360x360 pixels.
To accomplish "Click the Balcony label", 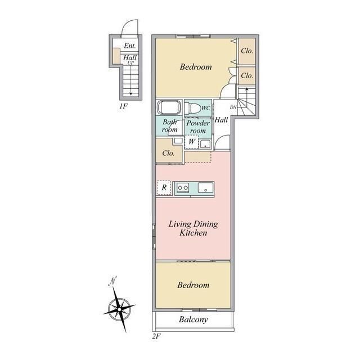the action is (193, 319).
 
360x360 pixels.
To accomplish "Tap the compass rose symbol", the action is (119, 309).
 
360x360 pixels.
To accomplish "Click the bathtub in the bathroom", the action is (169, 107).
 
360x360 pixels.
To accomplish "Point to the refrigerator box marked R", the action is (164, 188).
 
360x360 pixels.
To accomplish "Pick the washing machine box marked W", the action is (192, 142).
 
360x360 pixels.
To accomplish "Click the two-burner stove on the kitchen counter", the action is (183, 187).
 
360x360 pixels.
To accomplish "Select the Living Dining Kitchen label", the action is (193, 228).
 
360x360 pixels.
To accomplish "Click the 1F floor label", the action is (123, 106).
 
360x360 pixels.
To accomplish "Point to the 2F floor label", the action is (156, 336).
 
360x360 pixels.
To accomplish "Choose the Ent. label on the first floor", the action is (130, 46).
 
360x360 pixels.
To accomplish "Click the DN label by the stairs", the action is (233, 107).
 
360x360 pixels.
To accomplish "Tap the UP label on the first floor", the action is (130, 63).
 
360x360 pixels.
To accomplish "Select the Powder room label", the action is (198, 127).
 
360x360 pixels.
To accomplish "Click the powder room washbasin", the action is (205, 144).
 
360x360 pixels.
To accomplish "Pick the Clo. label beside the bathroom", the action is (168, 153).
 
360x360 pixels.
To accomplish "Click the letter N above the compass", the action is (112, 281).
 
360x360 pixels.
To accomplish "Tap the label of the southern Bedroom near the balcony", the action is (193, 285).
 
